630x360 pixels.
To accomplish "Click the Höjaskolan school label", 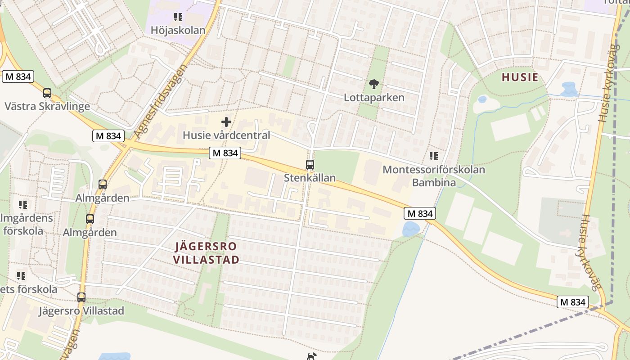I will pos(178,31).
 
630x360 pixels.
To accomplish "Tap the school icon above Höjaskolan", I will pos(178,17).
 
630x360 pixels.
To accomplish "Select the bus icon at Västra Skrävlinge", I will pos(47,93).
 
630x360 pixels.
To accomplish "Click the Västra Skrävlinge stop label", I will pos(47,107).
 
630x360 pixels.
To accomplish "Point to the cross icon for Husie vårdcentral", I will pos(226,121).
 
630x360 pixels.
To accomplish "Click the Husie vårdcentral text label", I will pos(226,135).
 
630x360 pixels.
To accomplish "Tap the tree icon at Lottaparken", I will pos(373,84).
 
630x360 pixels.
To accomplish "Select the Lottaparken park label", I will pos(374,97).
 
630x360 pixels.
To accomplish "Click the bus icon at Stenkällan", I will pos(310,164).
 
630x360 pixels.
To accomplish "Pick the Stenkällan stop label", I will pos(310,178).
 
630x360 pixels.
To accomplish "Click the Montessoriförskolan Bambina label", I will pos(434,176).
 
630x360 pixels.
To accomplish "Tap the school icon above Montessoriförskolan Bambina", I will pos(434,156).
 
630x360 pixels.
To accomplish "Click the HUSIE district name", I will pos(520,77).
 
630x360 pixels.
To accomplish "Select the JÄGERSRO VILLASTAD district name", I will pos(206,253).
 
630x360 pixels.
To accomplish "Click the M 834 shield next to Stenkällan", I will pos(225,153).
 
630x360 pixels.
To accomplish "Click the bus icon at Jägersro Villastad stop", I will pos(81,297).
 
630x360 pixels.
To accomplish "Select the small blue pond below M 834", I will pos(411,229).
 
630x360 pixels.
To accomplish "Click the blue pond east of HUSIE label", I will pos(569,89).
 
